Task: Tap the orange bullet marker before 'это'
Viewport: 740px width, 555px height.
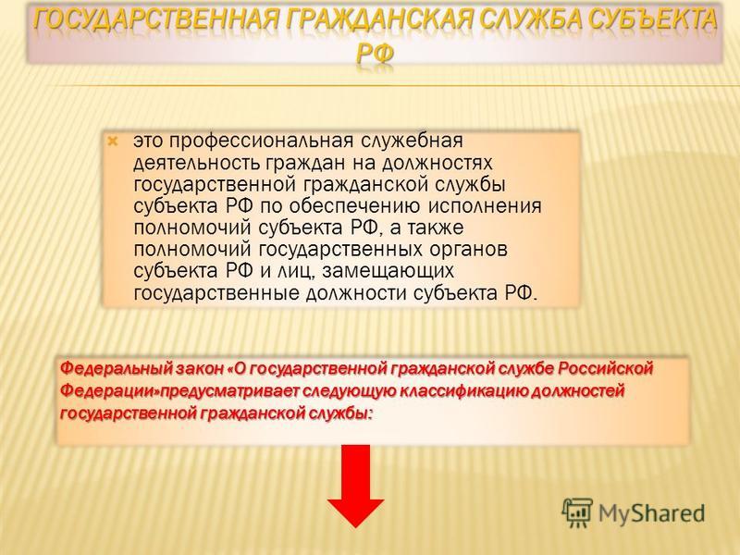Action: pyautogui.click(x=113, y=141)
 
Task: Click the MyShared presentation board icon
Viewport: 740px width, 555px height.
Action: pyautogui.click(x=576, y=512)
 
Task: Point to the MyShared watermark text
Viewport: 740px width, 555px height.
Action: pyautogui.click(x=652, y=513)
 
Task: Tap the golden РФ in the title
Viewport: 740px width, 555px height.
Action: pyautogui.click(x=375, y=54)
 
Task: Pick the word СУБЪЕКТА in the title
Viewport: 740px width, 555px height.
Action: pyautogui.click(x=651, y=19)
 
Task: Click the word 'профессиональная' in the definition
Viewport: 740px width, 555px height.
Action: pyautogui.click(x=261, y=142)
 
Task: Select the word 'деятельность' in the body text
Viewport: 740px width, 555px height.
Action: pyautogui.click(x=197, y=164)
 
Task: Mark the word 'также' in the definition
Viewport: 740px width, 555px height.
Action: pyautogui.click(x=435, y=228)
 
